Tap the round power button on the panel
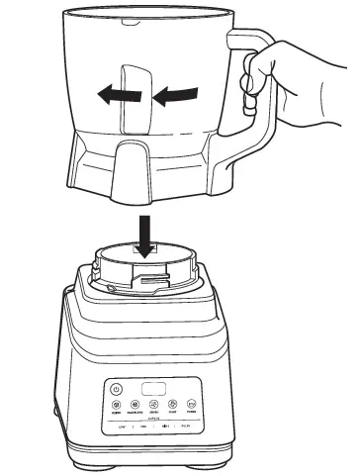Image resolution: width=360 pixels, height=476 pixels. pos(117,389)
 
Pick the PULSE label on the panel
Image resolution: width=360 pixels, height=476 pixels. pos(198,427)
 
